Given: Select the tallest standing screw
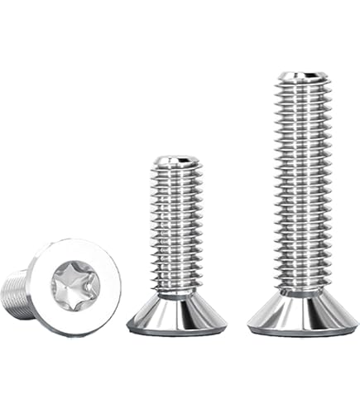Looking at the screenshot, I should click(x=302, y=199).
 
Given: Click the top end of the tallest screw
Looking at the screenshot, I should click(x=302, y=77).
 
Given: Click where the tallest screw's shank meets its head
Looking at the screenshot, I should click(x=302, y=292).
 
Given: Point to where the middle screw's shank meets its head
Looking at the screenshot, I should click(x=176, y=297).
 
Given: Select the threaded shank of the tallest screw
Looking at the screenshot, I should click(x=302, y=182).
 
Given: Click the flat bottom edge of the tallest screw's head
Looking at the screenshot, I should click(x=303, y=333).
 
